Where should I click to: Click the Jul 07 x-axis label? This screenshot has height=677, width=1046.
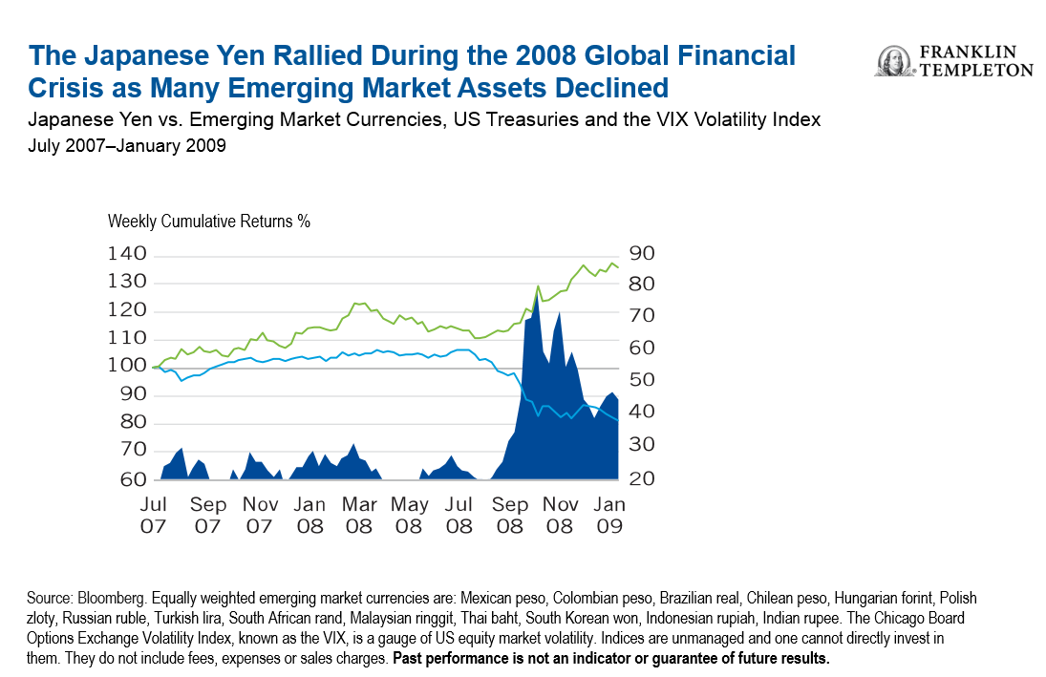(154, 514)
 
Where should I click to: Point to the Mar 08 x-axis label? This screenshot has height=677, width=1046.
(359, 514)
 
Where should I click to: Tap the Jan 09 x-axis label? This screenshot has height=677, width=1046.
(611, 514)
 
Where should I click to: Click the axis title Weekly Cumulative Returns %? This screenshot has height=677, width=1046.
(209, 221)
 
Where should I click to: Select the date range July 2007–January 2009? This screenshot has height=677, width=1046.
(127, 148)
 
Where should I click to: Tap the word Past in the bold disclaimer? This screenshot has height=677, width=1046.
(410, 660)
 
